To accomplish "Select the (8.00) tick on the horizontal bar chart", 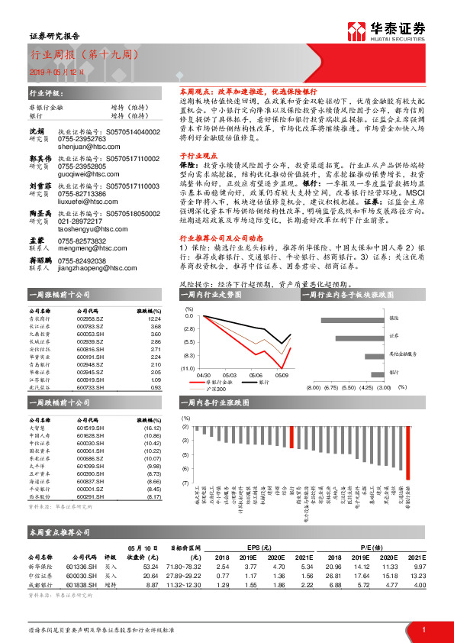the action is point(312,387).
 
